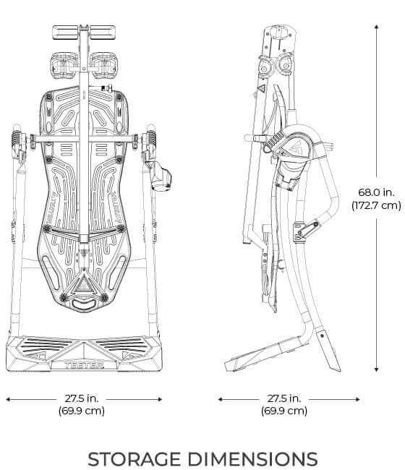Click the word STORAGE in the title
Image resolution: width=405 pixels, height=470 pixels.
(x=141, y=458)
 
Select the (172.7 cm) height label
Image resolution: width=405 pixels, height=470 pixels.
(x=376, y=205)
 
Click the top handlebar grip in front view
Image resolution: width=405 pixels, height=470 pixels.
(x=84, y=32)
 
